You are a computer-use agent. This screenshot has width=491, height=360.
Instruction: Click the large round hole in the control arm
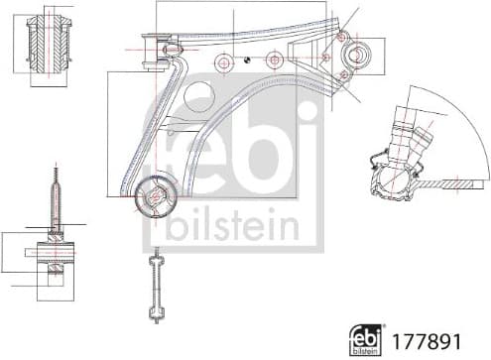click(199, 96)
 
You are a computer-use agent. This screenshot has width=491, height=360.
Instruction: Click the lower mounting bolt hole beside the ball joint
click(344, 73)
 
